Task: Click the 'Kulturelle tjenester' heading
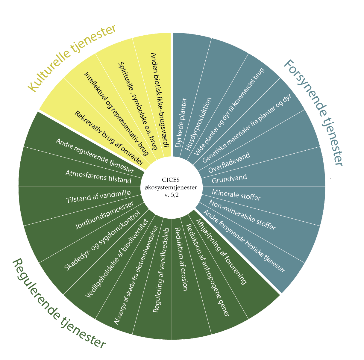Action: [x=72, y=58]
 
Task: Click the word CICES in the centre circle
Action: [x=171, y=180]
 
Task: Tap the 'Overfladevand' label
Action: [x=229, y=163]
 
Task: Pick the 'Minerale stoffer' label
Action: [x=236, y=195]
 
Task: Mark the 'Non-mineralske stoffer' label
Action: [x=242, y=215]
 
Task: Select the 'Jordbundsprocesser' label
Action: [x=104, y=215]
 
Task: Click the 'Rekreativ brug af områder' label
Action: [x=109, y=138]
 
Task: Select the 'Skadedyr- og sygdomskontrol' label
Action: [x=102, y=241]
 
